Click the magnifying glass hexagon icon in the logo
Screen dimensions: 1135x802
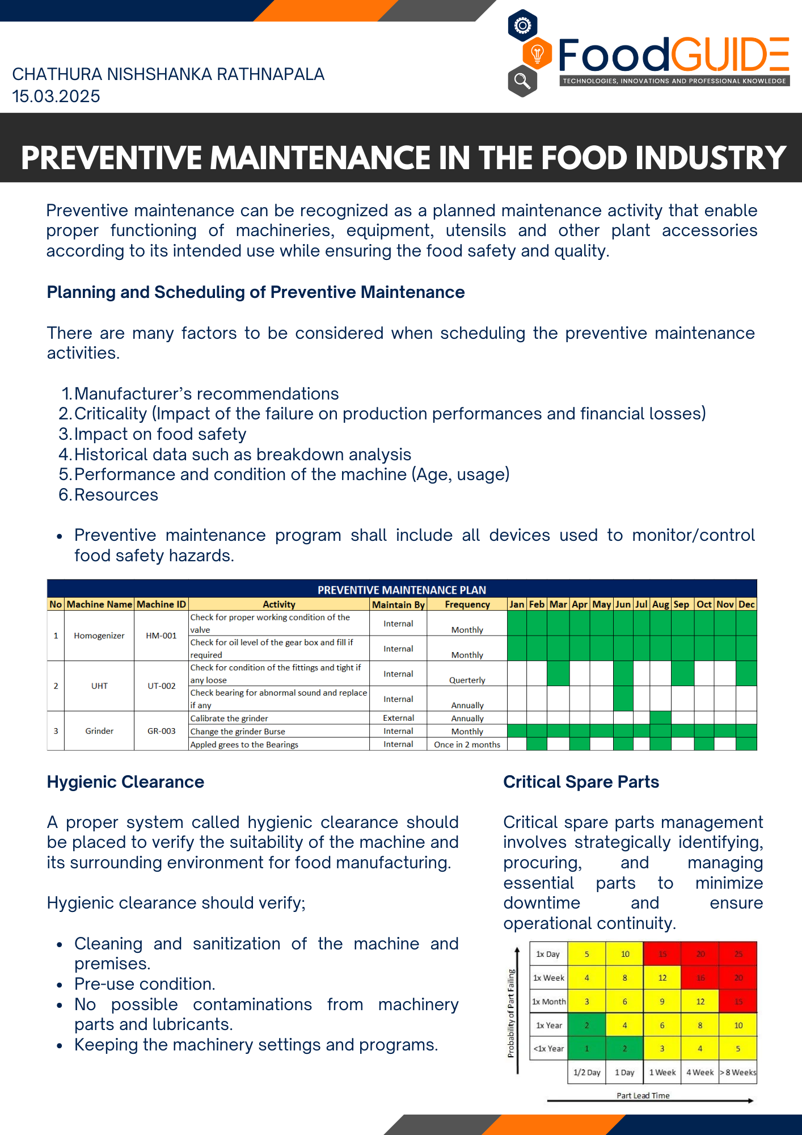click(x=522, y=81)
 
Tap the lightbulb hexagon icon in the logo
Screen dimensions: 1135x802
click(x=537, y=54)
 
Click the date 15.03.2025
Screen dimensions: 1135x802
click(x=56, y=96)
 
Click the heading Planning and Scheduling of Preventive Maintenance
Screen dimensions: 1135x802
click(x=255, y=292)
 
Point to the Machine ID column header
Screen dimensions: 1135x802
click(x=161, y=604)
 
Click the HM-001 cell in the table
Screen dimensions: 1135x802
click(x=161, y=636)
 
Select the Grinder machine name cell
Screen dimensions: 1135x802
click(x=99, y=731)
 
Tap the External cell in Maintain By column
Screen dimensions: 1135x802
click(x=398, y=718)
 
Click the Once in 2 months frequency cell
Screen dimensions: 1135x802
click(x=467, y=745)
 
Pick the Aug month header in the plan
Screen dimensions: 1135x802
click(x=660, y=604)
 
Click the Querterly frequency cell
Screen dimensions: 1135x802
click(x=467, y=680)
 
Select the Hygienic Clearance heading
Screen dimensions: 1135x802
click(x=125, y=782)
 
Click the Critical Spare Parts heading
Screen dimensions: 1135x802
click(x=581, y=782)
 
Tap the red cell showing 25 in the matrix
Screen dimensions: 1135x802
click(x=738, y=954)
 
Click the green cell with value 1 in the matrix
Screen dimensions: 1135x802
click(x=586, y=1049)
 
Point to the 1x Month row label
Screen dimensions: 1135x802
click(x=548, y=1002)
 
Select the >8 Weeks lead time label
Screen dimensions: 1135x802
click(x=738, y=1073)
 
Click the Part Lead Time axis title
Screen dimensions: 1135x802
click(x=643, y=1096)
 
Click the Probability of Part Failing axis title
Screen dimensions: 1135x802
click(x=511, y=1013)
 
